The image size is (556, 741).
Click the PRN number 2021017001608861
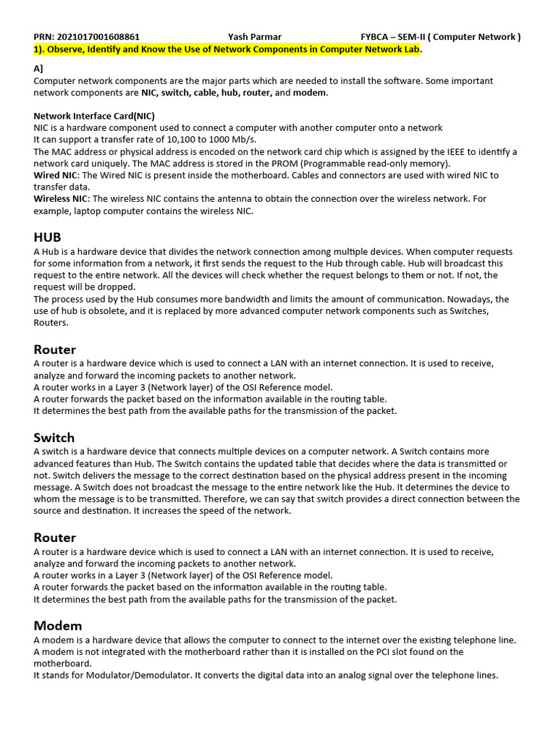tap(98, 37)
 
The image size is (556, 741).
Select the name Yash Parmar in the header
tap(255, 37)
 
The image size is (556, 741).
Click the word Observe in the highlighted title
tap(67, 48)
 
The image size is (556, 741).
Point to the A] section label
tap(39, 69)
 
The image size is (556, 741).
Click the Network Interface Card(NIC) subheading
tap(94, 116)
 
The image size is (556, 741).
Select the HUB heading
tap(48, 237)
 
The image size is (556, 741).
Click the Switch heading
tap(54, 437)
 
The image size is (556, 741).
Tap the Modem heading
tap(58, 625)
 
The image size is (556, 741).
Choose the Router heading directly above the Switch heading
tap(55, 350)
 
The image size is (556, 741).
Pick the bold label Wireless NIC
tap(61, 199)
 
